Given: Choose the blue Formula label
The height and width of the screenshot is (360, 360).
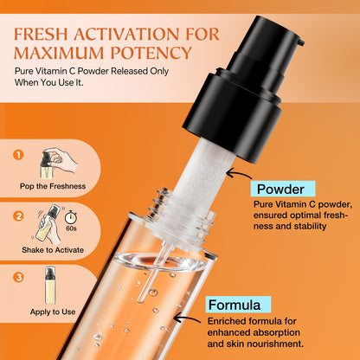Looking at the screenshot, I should pyautogui.click(x=238, y=305).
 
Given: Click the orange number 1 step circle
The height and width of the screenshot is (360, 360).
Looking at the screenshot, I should pyautogui.click(x=16, y=157).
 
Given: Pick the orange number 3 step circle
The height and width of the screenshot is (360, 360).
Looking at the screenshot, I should pyautogui.click(x=16, y=278).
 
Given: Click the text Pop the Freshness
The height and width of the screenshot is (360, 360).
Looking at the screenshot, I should pyautogui.click(x=51, y=185).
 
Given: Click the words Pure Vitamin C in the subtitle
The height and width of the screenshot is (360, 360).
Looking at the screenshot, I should pyautogui.click(x=48, y=74).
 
